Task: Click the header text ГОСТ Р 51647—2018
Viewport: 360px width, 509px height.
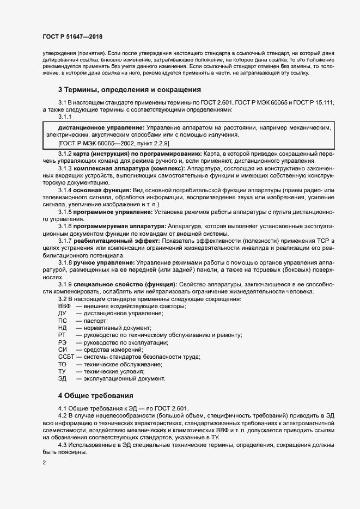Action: tap(72, 36)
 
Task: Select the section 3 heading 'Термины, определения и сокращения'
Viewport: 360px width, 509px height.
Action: tap(130, 89)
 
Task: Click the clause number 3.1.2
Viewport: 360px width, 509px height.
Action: tap(65, 155)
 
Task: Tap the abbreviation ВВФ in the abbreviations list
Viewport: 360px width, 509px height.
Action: tap(64, 306)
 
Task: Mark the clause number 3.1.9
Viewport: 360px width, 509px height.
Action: tap(65, 284)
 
